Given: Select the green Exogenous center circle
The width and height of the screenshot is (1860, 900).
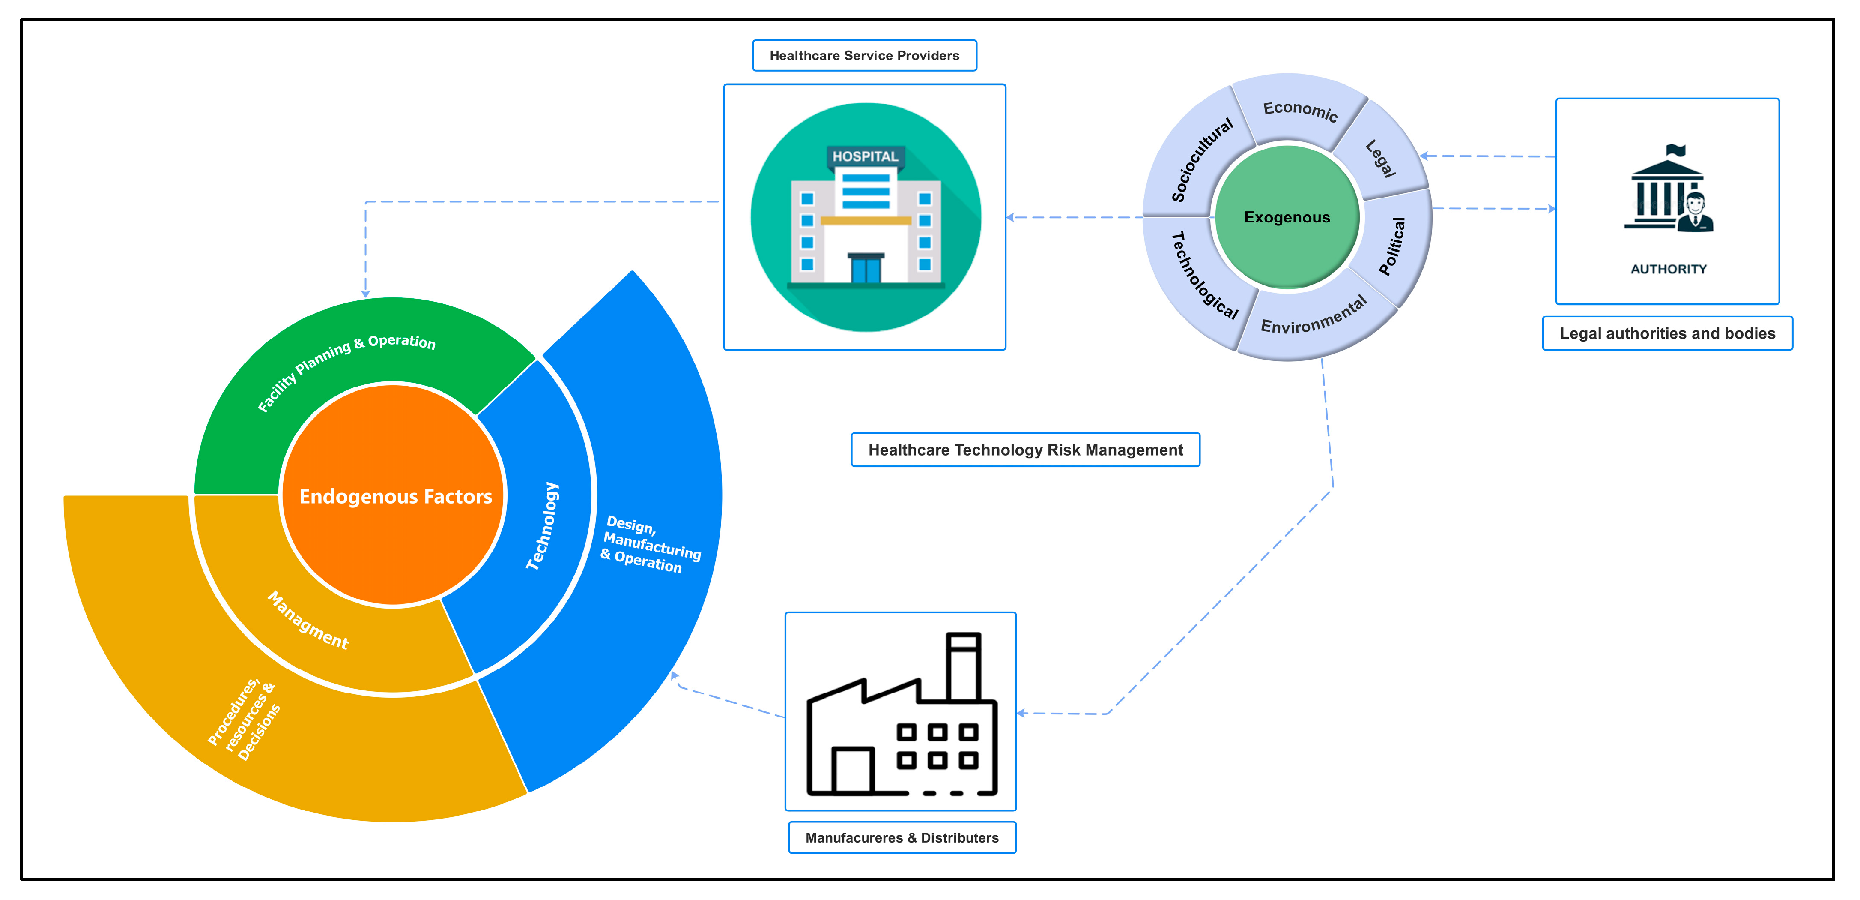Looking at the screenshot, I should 1287,217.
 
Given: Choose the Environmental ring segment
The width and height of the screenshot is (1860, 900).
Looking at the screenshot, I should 1314,318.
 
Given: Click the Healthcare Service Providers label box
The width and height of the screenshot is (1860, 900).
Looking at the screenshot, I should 864,56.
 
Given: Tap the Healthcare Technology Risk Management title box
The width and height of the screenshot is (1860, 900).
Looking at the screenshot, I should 1025,450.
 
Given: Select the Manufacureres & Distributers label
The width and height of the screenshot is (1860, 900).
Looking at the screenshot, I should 902,838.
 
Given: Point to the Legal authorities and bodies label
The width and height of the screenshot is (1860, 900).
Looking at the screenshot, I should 1667,334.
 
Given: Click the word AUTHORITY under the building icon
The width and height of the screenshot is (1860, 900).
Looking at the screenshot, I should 1669,270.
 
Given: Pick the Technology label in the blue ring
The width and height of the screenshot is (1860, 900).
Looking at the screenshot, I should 543,526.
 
